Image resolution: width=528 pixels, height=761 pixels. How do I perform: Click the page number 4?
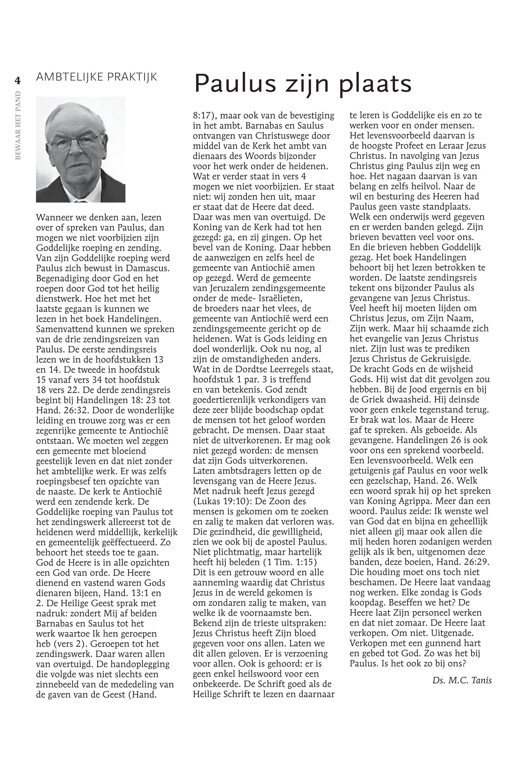(x=17, y=80)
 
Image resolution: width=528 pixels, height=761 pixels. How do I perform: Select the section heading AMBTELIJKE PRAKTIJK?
(x=96, y=77)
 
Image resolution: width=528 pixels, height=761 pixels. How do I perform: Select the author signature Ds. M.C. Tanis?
(x=462, y=680)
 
